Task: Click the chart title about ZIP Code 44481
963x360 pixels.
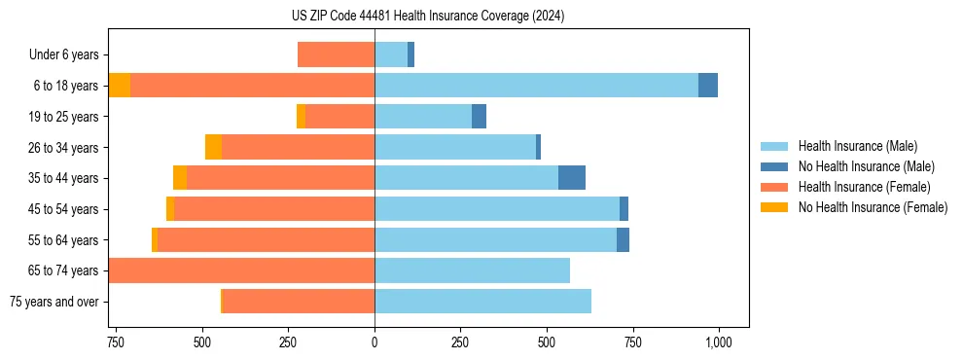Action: [x=428, y=17]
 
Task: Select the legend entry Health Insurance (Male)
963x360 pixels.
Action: [x=856, y=146]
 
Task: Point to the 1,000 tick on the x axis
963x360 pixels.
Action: [x=719, y=342]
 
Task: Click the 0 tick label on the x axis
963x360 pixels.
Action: [x=374, y=342]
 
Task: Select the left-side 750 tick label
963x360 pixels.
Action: [x=116, y=342]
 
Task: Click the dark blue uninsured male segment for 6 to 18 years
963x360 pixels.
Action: [x=708, y=86]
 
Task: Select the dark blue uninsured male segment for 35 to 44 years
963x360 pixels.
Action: [x=572, y=178]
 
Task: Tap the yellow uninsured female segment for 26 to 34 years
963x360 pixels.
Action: [x=213, y=147]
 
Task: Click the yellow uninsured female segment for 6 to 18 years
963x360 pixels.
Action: [x=120, y=86]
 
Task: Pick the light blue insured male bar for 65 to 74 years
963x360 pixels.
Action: [x=472, y=270]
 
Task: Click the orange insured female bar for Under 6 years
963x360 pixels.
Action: [x=336, y=55]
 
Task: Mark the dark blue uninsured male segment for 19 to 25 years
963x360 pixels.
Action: [x=479, y=117]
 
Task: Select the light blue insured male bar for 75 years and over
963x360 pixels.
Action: [x=482, y=302]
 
